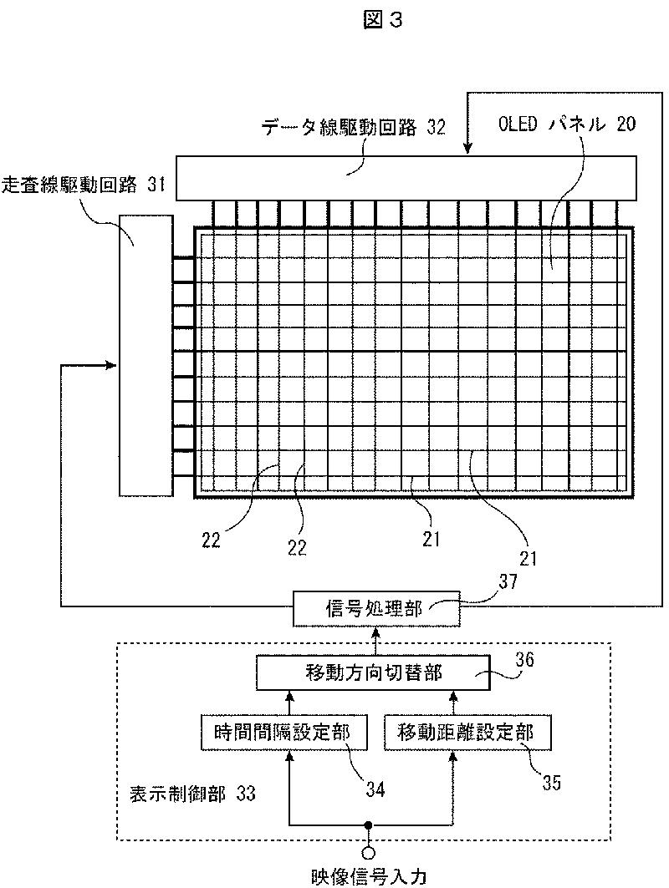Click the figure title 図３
pyautogui.click(x=382, y=20)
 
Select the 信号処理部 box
pyautogui.click(x=375, y=608)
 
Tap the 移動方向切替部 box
pyautogui.click(x=374, y=672)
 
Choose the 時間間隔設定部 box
pyautogui.click(x=283, y=733)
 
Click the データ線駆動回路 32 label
pyautogui.click(x=353, y=127)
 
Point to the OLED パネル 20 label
pyautogui.click(x=567, y=124)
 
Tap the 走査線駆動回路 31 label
pyautogui.click(x=84, y=185)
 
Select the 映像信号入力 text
pyautogui.click(x=369, y=877)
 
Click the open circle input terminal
pyautogui.click(x=369, y=852)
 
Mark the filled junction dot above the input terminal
pyautogui.click(x=369, y=825)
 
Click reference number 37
pyautogui.click(x=508, y=581)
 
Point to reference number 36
pyautogui.click(x=524, y=660)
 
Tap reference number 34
pyautogui.click(x=375, y=789)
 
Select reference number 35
pyautogui.click(x=551, y=783)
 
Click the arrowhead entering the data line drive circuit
pyautogui.click(x=467, y=150)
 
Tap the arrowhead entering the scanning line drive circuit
pyautogui.click(x=113, y=365)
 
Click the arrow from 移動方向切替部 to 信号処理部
pyautogui.click(x=375, y=641)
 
